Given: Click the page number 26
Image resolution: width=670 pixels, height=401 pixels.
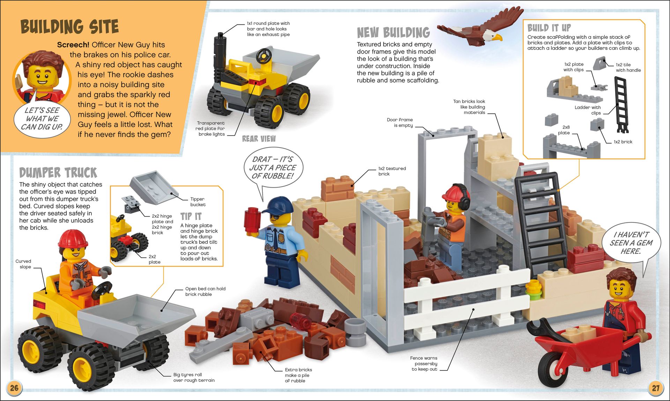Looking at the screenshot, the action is click(x=14, y=388).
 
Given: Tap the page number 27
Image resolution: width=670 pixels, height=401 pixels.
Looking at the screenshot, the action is click(x=655, y=388).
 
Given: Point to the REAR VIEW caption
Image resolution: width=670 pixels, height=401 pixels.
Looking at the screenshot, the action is click(x=259, y=139).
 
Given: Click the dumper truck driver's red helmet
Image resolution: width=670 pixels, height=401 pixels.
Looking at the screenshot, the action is click(x=73, y=239).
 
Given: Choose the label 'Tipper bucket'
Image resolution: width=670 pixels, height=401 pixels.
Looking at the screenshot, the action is click(x=198, y=202).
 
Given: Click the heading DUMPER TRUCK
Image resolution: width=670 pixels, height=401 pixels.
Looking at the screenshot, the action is click(x=58, y=173).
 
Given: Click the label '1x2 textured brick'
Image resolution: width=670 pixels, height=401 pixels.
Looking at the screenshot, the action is click(x=392, y=171).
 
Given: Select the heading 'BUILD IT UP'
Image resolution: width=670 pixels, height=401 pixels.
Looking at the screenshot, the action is click(x=549, y=28).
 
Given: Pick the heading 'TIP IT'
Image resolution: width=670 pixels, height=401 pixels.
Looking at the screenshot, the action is click(x=191, y=216).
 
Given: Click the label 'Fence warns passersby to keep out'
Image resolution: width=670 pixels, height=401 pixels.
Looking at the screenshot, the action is click(x=424, y=364).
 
